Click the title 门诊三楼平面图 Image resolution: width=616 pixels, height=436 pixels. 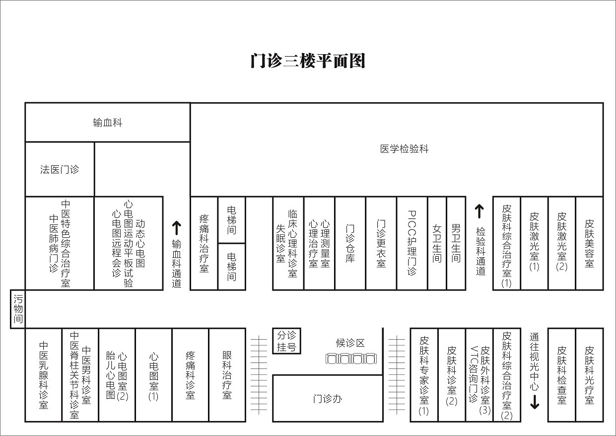[x=308, y=61]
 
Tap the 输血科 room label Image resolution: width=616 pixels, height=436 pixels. [x=107, y=123]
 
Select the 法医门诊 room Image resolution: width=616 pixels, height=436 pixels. [x=60, y=169]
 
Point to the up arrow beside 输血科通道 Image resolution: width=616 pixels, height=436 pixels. [x=177, y=227]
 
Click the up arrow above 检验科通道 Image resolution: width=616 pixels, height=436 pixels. [x=479, y=211]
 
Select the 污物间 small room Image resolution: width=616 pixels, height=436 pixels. [x=18, y=309]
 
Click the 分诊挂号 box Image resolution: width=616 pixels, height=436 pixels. [x=287, y=341]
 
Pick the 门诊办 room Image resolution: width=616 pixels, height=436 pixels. [x=328, y=398]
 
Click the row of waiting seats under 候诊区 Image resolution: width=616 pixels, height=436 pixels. [x=350, y=358]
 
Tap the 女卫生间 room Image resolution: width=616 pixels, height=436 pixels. [x=437, y=243]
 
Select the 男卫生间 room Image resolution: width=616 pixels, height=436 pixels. [x=456, y=243]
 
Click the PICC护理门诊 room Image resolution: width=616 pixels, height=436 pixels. [x=412, y=243]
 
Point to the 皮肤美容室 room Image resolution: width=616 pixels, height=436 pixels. [x=589, y=243]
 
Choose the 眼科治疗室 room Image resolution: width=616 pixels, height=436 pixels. [x=227, y=375]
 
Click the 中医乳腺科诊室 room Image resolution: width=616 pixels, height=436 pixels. [x=44, y=375]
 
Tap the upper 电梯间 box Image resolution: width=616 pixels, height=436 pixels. [x=231, y=220]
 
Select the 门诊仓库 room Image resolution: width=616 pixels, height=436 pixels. [x=350, y=243]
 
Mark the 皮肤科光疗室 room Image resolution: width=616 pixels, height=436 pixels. [x=589, y=375]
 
